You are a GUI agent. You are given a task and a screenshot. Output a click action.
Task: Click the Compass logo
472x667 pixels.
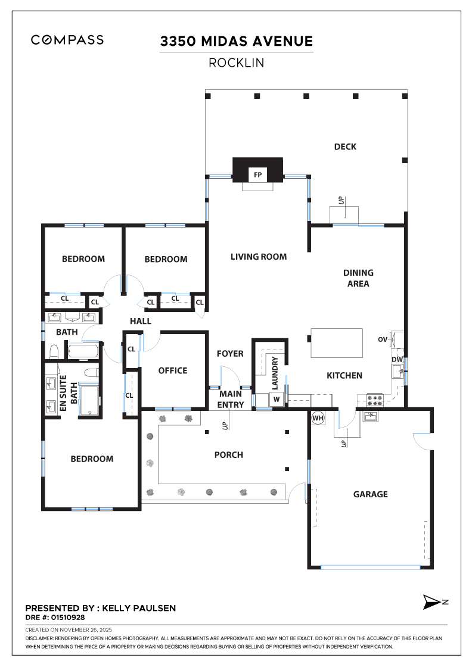[67, 40]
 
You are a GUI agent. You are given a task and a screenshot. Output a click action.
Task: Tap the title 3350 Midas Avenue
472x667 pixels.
[236, 41]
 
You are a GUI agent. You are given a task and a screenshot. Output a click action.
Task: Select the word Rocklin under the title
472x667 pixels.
[236, 63]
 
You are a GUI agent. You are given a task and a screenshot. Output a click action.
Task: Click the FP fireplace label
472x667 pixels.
[257, 175]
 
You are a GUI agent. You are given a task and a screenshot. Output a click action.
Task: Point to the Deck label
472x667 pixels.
[345, 147]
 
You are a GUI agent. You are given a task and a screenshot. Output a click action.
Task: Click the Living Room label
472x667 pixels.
[259, 257]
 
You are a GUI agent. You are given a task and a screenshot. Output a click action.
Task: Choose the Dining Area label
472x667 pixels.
[358, 278]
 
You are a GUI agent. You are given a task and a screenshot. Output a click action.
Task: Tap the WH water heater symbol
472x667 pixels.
[317, 418]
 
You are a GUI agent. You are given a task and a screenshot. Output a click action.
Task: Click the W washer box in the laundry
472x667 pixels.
[277, 400]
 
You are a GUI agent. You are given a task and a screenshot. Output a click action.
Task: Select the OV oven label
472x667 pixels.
[383, 339]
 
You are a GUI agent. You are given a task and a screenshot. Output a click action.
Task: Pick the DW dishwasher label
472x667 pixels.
[396, 360]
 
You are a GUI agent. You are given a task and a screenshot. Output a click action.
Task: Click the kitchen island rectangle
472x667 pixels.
[337, 342]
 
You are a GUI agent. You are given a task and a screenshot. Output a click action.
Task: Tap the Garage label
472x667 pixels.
[370, 494]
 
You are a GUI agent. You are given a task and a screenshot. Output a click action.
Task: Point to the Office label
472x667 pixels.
[173, 370]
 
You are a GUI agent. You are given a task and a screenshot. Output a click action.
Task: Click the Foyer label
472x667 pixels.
[229, 354]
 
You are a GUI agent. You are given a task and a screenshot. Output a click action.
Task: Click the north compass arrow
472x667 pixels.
[431, 602]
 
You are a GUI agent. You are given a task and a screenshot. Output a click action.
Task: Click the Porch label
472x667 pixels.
[229, 455]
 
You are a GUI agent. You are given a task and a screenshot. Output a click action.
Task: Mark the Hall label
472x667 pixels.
[141, 321]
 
